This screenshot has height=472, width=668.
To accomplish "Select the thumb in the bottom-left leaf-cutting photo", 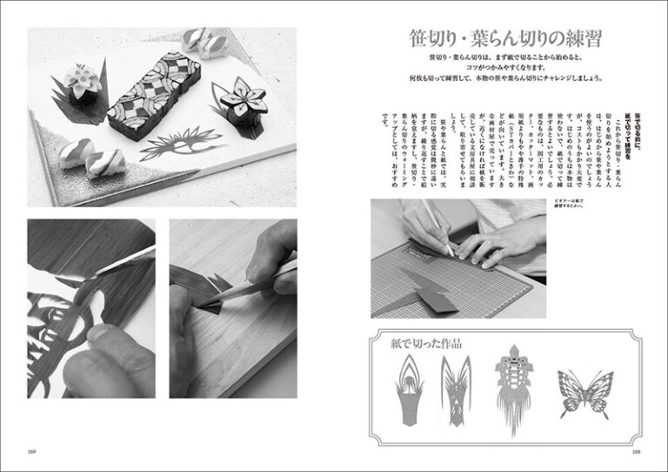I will point(104,366).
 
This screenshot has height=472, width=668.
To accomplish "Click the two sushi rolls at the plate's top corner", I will point(197,42).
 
